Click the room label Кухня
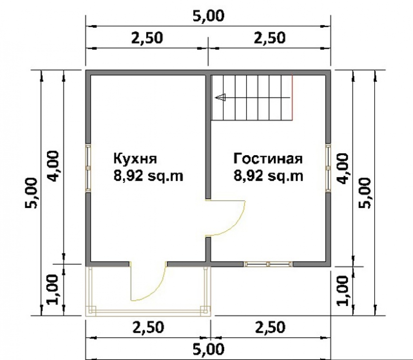point(135,159)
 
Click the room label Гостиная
point(268,159)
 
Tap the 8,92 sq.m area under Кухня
point(148,175)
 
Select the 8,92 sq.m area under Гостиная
point(268,175)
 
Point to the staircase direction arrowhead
point(221,97)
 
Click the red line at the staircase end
point(292,97)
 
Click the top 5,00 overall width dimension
point(208,16)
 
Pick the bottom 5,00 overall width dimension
point(208,349)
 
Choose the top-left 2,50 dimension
point(147,38)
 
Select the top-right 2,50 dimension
point(269,38)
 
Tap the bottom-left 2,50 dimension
point(148,327)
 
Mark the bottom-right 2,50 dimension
point(270,327)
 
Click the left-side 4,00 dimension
point(53,166)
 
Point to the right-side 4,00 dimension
point(342,169)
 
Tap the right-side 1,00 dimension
point(342,291)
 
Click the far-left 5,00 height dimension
point(31,193)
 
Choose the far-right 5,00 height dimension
point(365,193)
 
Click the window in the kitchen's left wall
point(88,168)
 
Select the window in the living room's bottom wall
point(268,264)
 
